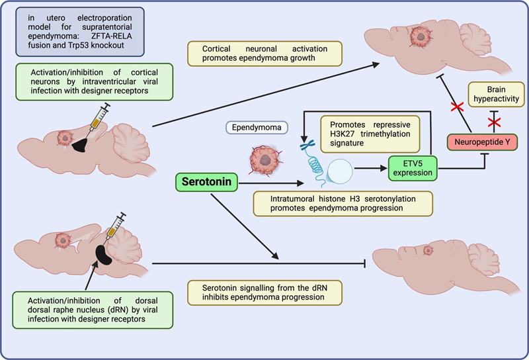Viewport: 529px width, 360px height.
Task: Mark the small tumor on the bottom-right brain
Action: pyautogui.click(x=427, y=249)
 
